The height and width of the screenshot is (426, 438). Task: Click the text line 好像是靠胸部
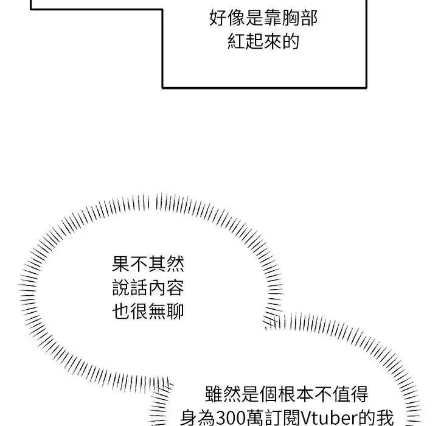click(x=263, y=18)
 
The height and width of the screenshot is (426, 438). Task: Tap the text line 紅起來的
click(x=263, y=41)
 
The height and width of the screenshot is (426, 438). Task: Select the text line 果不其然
click(x=148, y=264)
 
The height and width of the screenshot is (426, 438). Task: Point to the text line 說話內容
click(x=148, y=288)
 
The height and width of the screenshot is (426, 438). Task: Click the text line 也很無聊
click(x=148, y=311)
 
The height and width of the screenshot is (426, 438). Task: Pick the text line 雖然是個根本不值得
click(x=287, y=394)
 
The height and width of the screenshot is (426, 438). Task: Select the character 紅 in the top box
click(x=237, y=41)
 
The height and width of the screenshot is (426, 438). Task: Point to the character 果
click(x=121, y=264)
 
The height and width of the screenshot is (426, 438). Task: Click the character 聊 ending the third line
click(x=175, y=311)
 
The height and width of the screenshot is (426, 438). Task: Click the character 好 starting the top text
click(x=218, y=18)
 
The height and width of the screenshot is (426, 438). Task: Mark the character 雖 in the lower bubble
click(x=214, y=394)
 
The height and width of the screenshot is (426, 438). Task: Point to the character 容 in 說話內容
click(x=175, y=288)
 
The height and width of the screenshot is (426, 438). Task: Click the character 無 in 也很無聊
click(x=158, y=311)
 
